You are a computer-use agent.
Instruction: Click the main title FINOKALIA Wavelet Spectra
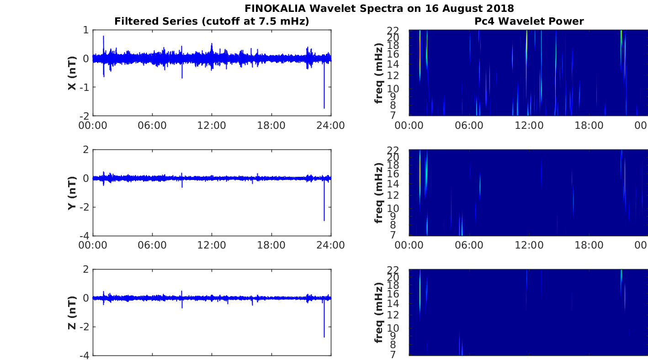point(379,8)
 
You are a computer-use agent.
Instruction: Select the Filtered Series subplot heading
point(212,21)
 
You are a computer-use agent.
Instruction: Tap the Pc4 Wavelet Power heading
point(529,21)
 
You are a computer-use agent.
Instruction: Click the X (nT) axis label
point(72,73)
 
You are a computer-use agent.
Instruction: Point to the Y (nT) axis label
point(72,193)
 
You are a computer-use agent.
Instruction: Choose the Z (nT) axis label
point(72,312)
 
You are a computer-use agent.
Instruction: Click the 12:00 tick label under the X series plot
point(212,126)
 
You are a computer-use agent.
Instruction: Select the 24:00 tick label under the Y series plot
point(330,245)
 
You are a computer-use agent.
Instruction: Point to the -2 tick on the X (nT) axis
point(84,116)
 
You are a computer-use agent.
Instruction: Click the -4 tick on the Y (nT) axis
point(84,236)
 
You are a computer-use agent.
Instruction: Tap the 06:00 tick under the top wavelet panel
point(469,126)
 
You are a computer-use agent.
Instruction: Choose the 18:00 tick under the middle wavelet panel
point(589,245)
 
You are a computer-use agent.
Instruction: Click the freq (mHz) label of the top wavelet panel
point(379,73)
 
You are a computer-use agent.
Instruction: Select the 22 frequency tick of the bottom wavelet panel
point(393,270)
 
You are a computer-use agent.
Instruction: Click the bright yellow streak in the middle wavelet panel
point(420,174)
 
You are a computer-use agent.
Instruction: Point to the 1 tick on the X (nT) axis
point(86,30)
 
